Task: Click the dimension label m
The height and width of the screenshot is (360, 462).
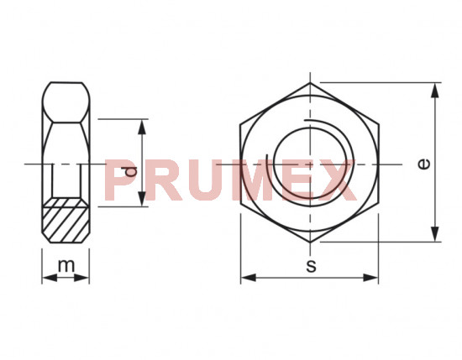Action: point(66,267)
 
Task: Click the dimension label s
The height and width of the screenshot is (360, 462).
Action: point(310,267)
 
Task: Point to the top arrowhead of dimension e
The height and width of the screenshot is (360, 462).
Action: point(435,88)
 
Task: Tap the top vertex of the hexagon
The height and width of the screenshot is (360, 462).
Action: point(310,82)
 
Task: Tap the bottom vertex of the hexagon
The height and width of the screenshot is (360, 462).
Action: point(310,242)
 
